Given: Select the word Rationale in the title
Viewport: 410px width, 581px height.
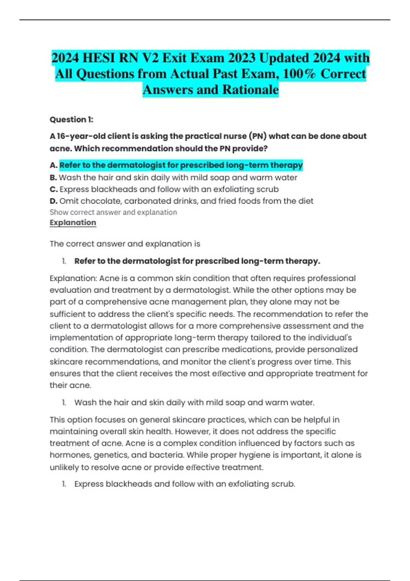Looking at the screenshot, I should pos(250,90).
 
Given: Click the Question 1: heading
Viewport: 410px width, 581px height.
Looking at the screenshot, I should pos(71,120).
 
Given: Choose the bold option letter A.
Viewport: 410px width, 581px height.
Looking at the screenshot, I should pos(53,165).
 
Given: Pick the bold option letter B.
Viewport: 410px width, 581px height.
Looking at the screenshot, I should pos(53,178).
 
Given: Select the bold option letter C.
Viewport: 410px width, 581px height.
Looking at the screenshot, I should pos(53,189).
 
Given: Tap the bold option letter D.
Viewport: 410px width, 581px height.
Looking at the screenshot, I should pos(53,201).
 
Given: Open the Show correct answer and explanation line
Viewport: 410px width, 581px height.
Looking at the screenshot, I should pos(113,212).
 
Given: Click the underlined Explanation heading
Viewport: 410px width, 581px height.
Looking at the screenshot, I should pos(73,222).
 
